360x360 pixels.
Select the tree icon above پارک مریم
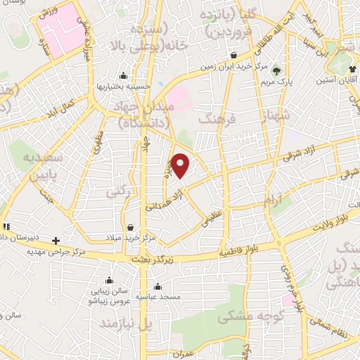tap(276, 70)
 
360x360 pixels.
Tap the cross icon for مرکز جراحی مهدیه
tap(56, 240)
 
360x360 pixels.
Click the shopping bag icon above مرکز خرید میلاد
tap(131, 226)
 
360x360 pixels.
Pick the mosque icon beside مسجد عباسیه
tap(157, 286)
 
